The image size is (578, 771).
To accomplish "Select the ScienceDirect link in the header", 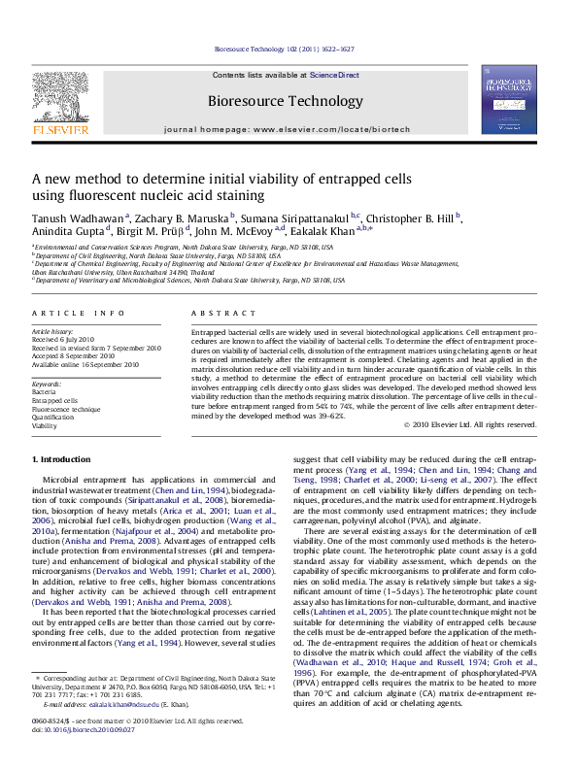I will click(334, 76).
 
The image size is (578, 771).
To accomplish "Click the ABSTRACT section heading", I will click(210, 313).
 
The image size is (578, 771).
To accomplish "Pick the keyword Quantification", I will click(54, 417).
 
